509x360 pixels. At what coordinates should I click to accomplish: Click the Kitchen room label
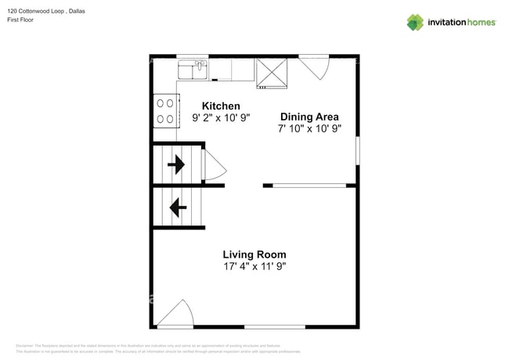(x=221, y=106)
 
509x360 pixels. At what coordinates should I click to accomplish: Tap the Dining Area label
(x=309, y=117)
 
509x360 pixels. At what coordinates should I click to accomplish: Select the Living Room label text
(x=254, y=254)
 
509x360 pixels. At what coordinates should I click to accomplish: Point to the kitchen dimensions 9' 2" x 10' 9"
(x=221, y=119)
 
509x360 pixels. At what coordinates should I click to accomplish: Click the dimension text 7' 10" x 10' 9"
(x=309, y=129)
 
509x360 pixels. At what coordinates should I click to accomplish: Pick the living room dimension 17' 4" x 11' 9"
(x=254, y=267)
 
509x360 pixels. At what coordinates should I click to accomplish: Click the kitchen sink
(x=192, y=70)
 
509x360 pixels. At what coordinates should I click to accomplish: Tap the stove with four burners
(x=165, y=110)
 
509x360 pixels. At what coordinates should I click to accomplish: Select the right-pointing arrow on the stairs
(x=176, y=164)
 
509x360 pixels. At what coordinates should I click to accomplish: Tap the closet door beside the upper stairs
(x=213, y=164)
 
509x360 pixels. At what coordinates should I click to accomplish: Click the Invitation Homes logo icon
(x=415, y=22)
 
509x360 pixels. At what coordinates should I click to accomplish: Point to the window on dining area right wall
(x=357, y=150)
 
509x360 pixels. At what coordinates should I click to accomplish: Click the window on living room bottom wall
(x=274, y=326)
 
